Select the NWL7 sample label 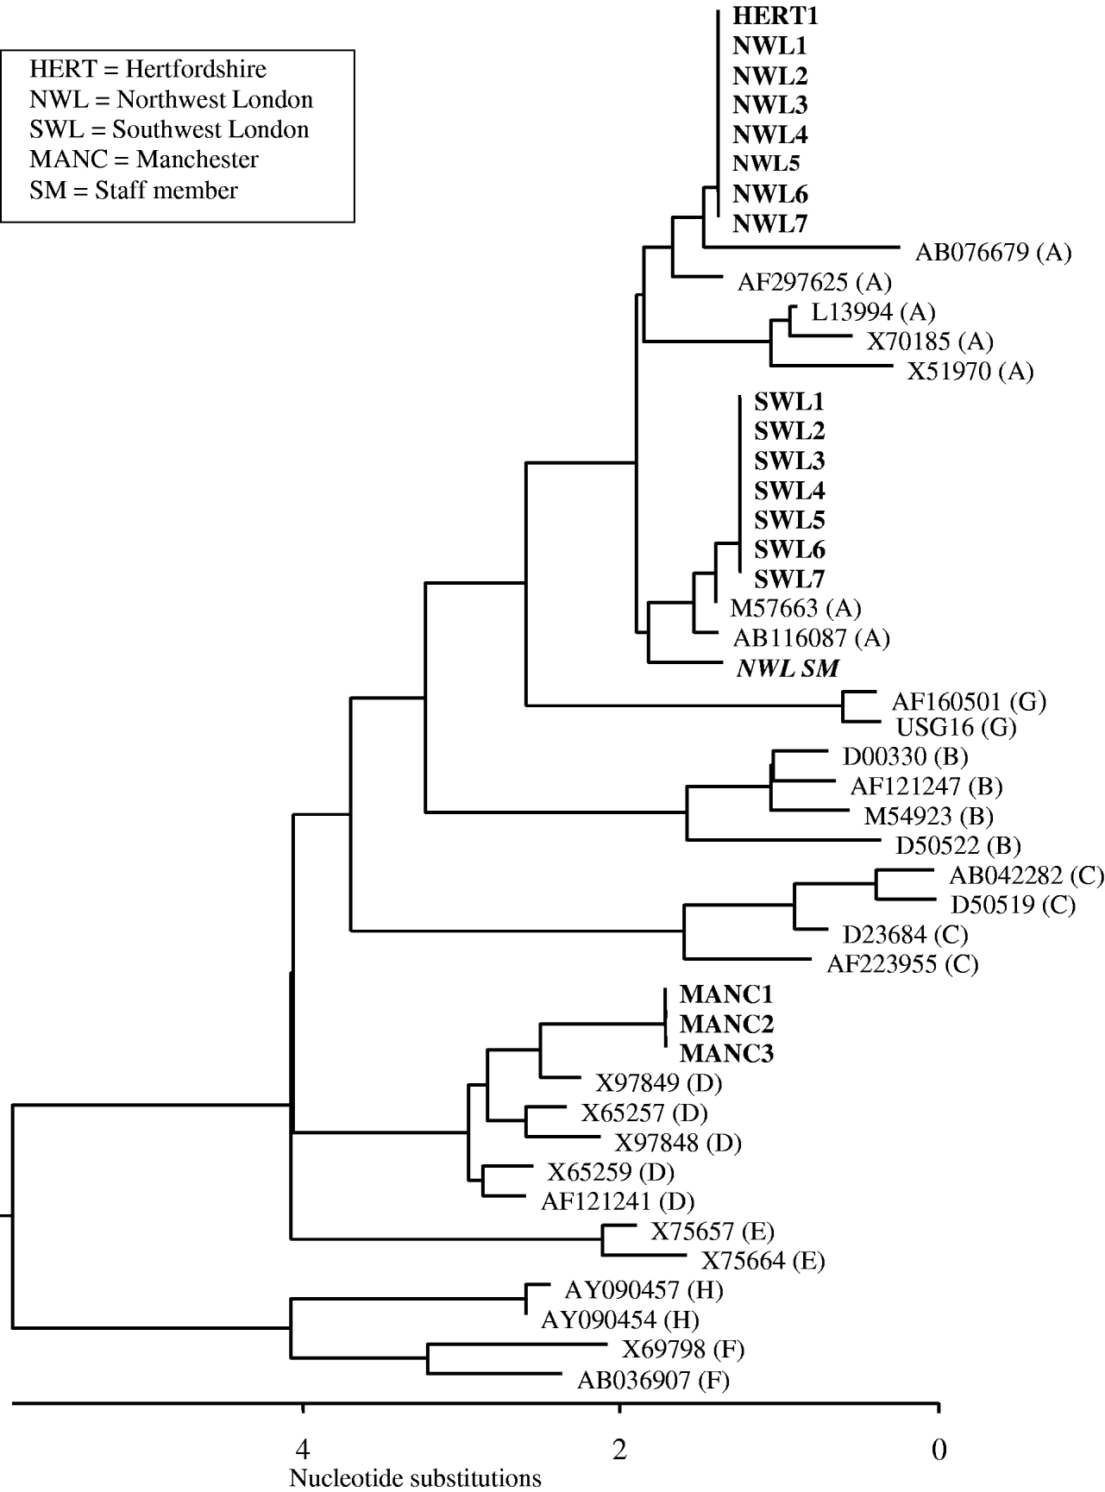[x=769, y=224]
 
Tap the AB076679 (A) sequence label [x=993, y=253]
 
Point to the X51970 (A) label [x=970, y=372]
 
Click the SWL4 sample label [x=789, y=491]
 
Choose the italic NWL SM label [x=788, y=668]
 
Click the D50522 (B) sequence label [x=957, y=845]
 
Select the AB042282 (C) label [x=1027, y=875]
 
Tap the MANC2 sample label [x=726, y=1025]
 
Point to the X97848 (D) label [x=678, y=1143]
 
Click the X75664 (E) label [x=763, y=1261]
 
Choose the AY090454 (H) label [x=619, y=1320]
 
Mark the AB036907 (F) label [x=653, y=1380]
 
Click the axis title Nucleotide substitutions [x=415, y=1479]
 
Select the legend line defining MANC [x=144, y=160]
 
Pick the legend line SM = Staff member [x=134, y=190]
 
